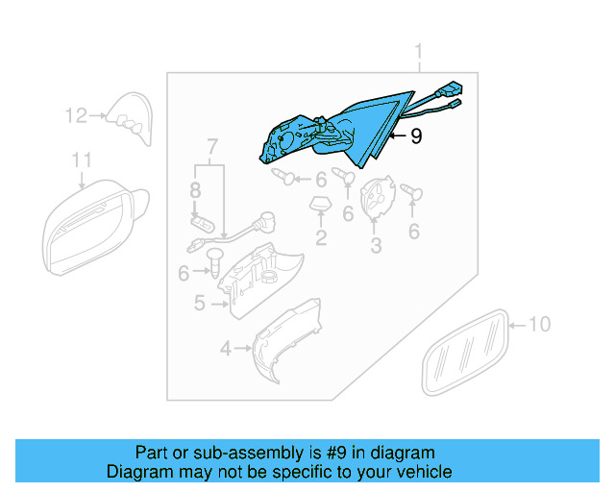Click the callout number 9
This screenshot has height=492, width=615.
415,137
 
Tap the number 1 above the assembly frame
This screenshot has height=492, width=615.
419,51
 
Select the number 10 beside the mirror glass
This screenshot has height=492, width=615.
540,325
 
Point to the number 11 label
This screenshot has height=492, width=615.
82,160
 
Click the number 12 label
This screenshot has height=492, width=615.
76,116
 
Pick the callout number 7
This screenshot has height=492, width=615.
212,147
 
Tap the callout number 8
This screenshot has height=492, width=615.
195,189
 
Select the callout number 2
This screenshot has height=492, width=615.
320,237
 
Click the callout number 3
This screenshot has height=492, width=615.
376,246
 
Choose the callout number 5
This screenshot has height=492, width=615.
199,304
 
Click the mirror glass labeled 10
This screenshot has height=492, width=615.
465,351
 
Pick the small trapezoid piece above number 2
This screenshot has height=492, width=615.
319,203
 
